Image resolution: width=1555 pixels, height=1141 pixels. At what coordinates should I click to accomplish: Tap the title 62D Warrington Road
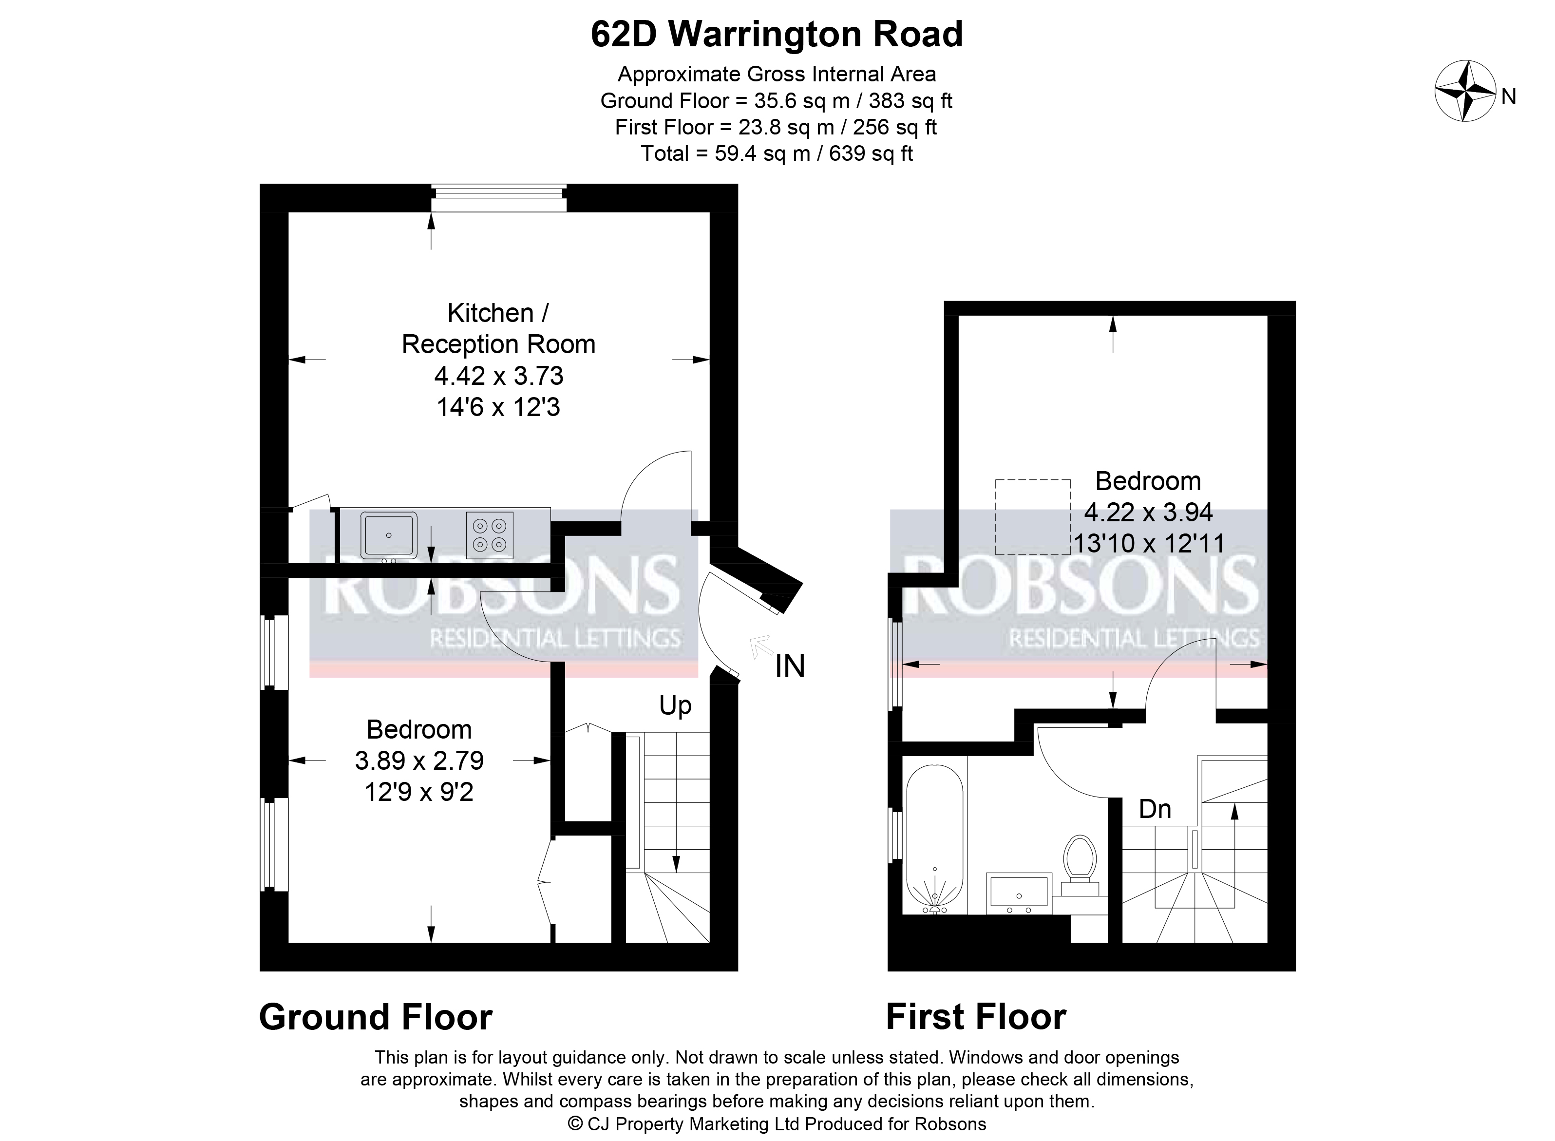point(777,35)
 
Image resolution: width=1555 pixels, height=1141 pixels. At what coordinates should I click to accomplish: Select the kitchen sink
point(389,535)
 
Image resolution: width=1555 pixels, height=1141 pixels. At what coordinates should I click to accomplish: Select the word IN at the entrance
point(790,666)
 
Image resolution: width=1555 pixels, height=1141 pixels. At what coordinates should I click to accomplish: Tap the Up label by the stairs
point(675,706)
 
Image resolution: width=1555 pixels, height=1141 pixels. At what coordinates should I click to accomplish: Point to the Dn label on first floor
point(1155,809)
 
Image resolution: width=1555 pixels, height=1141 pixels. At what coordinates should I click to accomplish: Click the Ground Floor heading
point(376,1017)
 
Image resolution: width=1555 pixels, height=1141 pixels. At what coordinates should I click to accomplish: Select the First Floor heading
point(976,1017)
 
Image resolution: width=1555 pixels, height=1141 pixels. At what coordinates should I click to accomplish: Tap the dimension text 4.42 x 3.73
point(498,376)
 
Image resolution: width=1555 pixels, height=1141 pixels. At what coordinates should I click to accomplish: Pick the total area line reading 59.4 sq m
point(777,153)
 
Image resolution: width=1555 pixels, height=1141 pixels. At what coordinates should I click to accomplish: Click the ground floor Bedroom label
point(419,729)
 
